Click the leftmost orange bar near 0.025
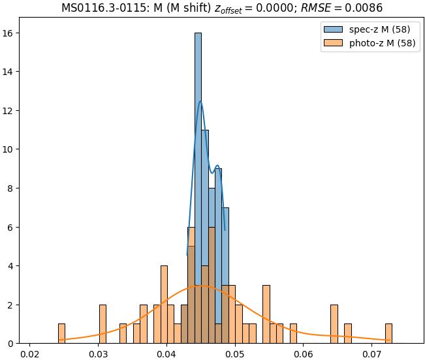point(61,333)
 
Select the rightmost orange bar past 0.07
point(388,333)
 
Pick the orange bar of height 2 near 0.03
point(102,324)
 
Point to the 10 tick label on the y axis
point(14,149)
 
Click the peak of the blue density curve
point(200,102)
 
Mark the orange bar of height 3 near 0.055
point(266,314)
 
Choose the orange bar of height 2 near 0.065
point(334,324)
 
